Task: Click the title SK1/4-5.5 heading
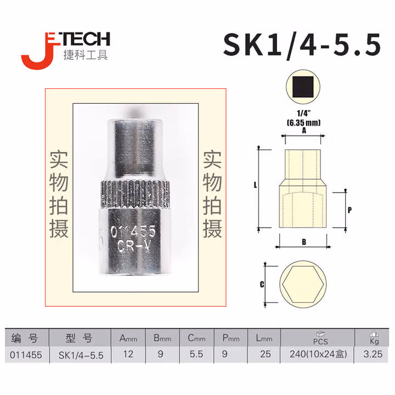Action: [301, 45]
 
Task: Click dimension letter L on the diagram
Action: [255, 186]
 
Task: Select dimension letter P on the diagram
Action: [349, 210]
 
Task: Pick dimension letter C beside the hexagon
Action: [262, 284]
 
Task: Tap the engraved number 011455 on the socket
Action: [133, 231]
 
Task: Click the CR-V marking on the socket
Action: [134, 246]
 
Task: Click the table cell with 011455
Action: [25, 354]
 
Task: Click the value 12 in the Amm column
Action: [128, 354]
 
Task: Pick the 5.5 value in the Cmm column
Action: [196, 354]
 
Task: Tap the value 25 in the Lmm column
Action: [266, 354]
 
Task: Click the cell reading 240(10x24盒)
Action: [319, 354]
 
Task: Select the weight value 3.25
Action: [373, 354]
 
